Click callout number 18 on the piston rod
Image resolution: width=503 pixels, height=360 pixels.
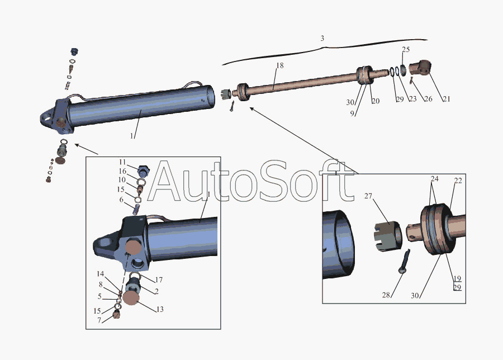pyautogui.click(x=280, y=65)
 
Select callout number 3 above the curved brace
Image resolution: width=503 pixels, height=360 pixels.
pyautogui.click(x=322, y=39)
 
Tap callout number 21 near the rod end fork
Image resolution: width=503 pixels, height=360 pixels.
pyautogui.click(x=447, y=99)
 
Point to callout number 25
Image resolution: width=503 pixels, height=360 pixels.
pyautogui.click(x=406, y=49)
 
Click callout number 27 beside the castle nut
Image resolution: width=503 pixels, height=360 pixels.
pyautogui.click(x=368, y=196)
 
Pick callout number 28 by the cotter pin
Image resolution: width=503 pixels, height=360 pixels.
pyautogui.click(x=386, y=295)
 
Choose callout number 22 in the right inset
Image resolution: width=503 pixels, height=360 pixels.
pyautogui.click(x=458, y=181)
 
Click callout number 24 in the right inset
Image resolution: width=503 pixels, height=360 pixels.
pyautogui.click(x=434, y=179)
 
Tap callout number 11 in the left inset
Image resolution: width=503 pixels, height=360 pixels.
pyautogui.click(x=122, y=162)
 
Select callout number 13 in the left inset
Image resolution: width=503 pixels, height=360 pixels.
pyautogui.click(x=160, y=309)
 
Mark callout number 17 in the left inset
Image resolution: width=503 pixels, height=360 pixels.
pyautogui.click(x=159, y=280)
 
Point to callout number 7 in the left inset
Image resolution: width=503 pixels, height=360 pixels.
pyautogui.click(x=99, y=320)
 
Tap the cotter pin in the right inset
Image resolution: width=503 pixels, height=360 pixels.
pyautogui.click(x=404, y=261)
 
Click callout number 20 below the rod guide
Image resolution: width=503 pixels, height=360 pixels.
pyautogui.click(x=376, y=101)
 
